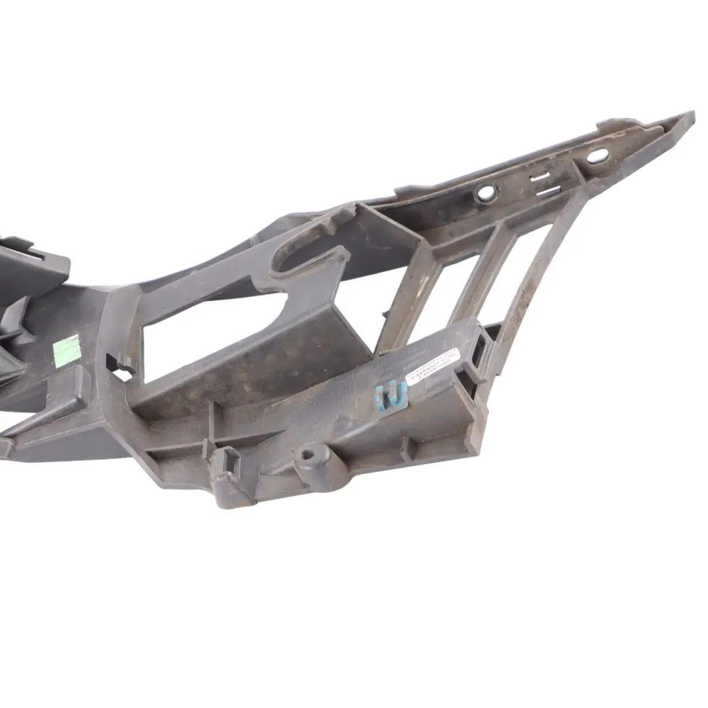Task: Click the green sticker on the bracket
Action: (67, 351)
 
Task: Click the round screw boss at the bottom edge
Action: (309, 454)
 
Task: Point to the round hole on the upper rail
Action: (486, 193)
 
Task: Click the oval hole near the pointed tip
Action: (597, 156)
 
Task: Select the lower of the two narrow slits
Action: (547, 191)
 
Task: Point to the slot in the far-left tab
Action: (29, 252)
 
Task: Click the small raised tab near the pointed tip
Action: (613, 123)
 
